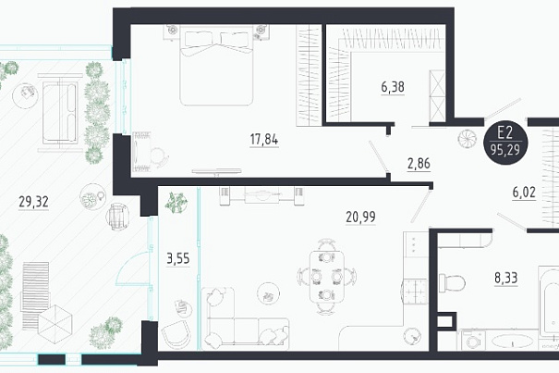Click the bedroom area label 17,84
(264, 140)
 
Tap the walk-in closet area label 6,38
(393, 87)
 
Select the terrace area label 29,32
(33, 202)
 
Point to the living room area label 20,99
(360, 217)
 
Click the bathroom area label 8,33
(506, 278)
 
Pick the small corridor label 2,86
(419, 164)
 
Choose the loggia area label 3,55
(178, 258)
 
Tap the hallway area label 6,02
(524, 193)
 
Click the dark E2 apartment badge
(505, 143)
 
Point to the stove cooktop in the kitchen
(415, 292)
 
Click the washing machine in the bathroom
(473, 340)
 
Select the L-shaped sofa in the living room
(245, 318)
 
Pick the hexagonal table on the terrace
(55, 324)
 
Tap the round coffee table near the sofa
(268, 293)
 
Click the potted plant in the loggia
(176, 202)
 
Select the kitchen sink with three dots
(416, 244)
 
